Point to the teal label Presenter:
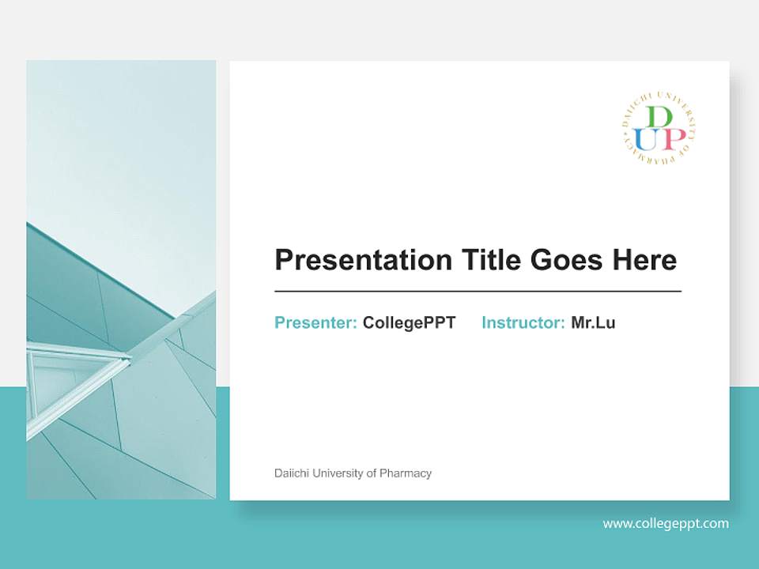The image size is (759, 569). click(315, 322)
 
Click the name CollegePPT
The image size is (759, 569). click(409, 322)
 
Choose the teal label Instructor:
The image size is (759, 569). click(523, 322)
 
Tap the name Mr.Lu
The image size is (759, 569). click(593, 322)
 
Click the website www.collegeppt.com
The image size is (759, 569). click(666, 523)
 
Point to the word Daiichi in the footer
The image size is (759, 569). click(289, 473)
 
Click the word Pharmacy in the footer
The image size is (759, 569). click(406, 473)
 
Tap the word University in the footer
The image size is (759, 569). click(336, 473)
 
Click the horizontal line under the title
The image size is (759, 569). click(478, 292)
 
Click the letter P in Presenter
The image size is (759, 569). click(280, 322)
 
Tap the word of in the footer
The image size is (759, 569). click(371, 473)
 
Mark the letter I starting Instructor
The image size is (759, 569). click(484, 322)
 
